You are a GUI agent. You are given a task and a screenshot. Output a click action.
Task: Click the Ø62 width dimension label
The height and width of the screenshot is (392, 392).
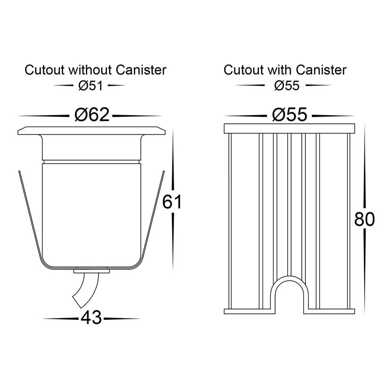[x=92, y=114]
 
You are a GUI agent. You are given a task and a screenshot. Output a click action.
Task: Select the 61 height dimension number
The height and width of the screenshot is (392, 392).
[x=172, y=202]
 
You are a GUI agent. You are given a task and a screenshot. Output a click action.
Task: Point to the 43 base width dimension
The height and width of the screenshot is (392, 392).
[x=91, y=318]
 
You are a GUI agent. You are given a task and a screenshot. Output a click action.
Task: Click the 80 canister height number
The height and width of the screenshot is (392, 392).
[x=364, y=220]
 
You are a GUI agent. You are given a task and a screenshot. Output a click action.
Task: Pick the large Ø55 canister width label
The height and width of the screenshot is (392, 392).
[x=289, y=114]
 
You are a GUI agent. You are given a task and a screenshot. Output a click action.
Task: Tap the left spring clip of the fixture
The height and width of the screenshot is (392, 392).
[x=30, y=218]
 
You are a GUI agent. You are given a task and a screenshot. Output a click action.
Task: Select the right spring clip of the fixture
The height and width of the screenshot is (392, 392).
[x=154, y=218]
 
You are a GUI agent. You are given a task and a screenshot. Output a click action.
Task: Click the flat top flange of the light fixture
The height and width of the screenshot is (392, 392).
[x=91, y=131]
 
